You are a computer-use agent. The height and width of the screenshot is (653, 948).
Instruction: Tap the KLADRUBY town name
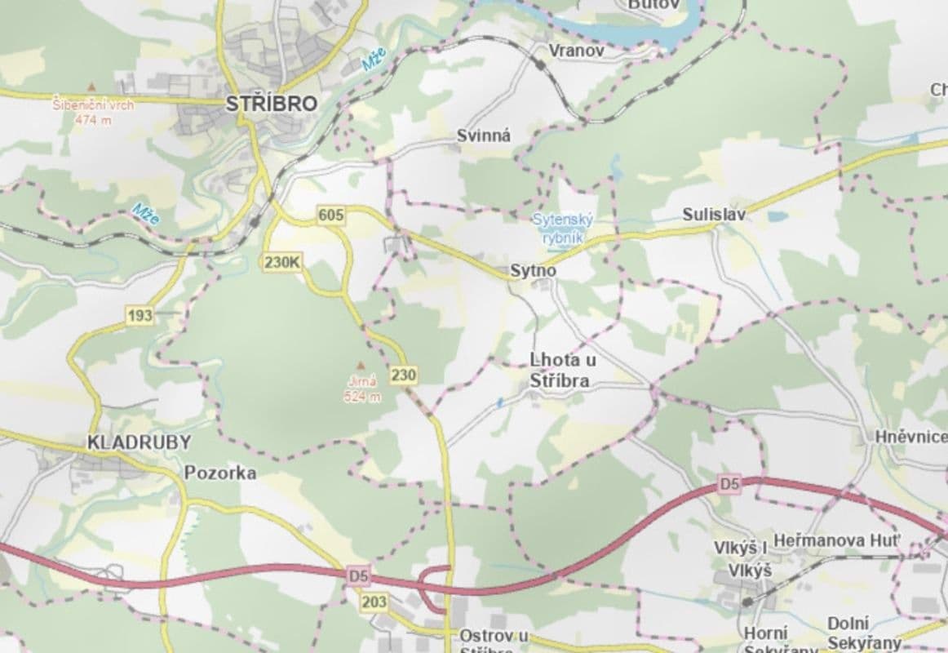[139, 443]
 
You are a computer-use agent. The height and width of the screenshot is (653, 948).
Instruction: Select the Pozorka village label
[220, 473]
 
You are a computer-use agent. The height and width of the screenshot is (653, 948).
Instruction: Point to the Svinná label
[484, 136]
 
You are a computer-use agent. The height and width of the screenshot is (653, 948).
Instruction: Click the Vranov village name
[577, 51]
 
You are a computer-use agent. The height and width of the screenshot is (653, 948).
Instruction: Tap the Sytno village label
[533, 269]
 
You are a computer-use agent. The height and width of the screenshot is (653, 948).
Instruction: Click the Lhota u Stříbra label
[560, 370]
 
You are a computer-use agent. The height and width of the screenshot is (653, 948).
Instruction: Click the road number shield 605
[331, 215]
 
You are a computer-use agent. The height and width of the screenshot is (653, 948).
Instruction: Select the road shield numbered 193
[140, 315]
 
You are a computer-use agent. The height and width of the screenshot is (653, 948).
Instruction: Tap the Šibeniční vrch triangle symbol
[91, 85]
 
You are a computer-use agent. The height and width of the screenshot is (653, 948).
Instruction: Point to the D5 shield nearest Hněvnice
[729, 483]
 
